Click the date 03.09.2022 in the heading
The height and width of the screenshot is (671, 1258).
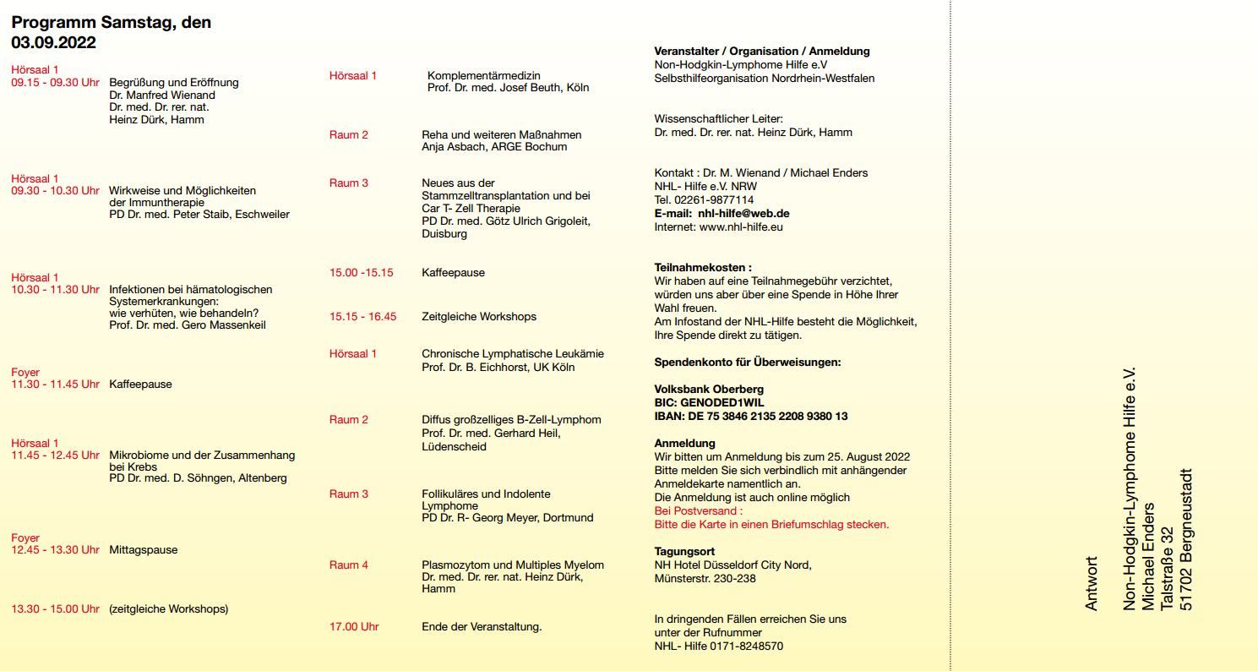coord(53,42)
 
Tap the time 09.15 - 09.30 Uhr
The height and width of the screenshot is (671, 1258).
coord(55,83)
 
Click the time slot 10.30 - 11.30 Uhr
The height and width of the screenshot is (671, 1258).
coord(55,290)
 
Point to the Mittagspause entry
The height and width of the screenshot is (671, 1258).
coord(144,550)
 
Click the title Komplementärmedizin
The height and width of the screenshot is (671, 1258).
coord(483,76)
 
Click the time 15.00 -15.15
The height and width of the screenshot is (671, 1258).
coord(361,273)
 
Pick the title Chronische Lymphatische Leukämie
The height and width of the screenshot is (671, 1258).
coord(513,354)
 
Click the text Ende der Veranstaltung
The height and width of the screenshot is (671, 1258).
coord(482,627)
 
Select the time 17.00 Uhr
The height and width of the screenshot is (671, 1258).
coord(354,627)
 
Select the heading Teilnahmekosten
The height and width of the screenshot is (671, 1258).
coord(703,268)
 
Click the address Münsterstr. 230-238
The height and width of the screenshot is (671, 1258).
coord(705,579)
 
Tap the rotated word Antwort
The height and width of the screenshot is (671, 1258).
coord(1091,583)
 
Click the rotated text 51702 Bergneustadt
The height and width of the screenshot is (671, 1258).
coord(1186,539)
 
